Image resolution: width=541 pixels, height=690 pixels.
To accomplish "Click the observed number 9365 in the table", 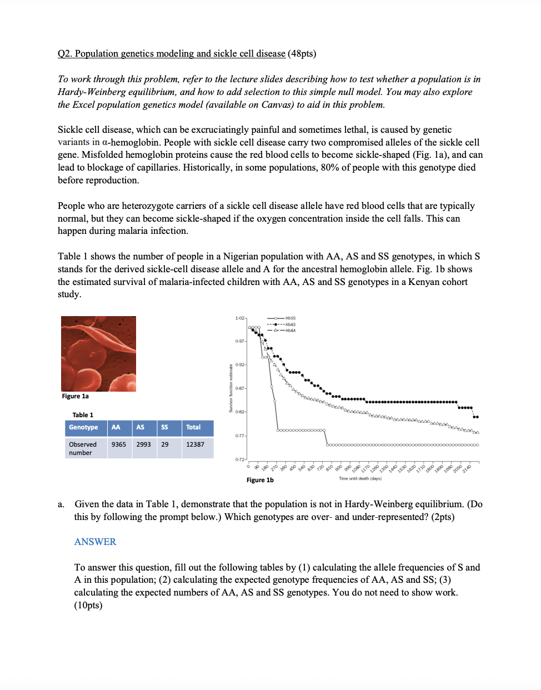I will point(118,444).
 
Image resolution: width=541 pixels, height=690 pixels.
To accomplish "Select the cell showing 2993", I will point(143,444).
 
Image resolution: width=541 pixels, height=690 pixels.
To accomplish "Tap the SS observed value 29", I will point(165,444).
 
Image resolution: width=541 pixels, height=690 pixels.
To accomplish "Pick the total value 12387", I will point(195,444).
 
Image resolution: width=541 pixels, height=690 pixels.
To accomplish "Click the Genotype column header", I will point(83,427).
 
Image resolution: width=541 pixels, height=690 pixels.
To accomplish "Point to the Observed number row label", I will point(82,448).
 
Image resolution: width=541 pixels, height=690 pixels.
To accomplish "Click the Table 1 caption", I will point(83,415).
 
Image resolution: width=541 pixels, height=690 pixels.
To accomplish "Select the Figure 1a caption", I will point(75,396).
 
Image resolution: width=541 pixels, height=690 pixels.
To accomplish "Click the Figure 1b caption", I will point(260,480).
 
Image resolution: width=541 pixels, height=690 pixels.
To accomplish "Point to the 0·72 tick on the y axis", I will point(240,459).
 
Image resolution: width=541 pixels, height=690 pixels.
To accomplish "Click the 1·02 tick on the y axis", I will point(240,318).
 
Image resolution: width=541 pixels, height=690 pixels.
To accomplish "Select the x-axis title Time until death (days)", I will point(360,478).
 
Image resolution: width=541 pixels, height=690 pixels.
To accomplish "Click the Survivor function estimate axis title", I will point(231,388).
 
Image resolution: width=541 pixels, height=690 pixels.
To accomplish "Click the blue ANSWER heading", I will point(95,542).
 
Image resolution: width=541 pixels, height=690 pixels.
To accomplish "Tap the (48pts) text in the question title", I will point(302,53).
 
